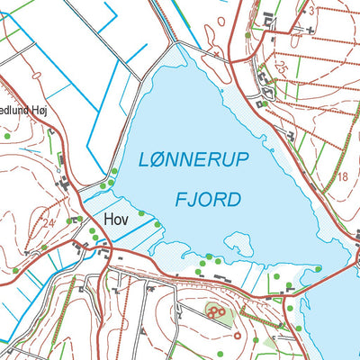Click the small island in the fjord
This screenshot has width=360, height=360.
tap(238, 244)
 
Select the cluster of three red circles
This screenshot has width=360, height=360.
tap(216, 311)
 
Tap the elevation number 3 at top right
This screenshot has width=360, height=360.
tap(311, 12)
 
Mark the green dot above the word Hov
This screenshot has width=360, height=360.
tap(115, 173)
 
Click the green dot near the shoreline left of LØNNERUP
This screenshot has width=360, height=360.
tap(115, 173)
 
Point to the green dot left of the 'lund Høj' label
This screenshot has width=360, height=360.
tap(7, 136)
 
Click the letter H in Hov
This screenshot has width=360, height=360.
tap(109, 219)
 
